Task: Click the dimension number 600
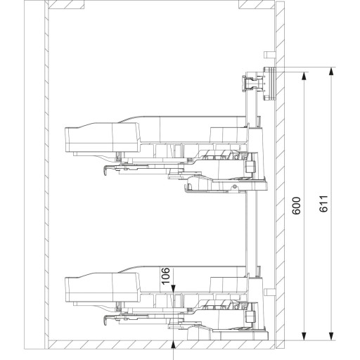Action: click(297, 205)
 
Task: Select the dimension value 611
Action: click(323, 204)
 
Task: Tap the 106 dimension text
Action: click(166, 276)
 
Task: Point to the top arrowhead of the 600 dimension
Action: click(304, 76)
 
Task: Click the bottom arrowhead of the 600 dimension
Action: click(304, 336)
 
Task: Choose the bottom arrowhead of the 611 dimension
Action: click(331, 336)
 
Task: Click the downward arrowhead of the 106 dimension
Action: click(173, 288)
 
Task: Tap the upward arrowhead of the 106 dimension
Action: click(173, 345)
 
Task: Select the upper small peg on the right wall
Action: click(270, 55)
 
